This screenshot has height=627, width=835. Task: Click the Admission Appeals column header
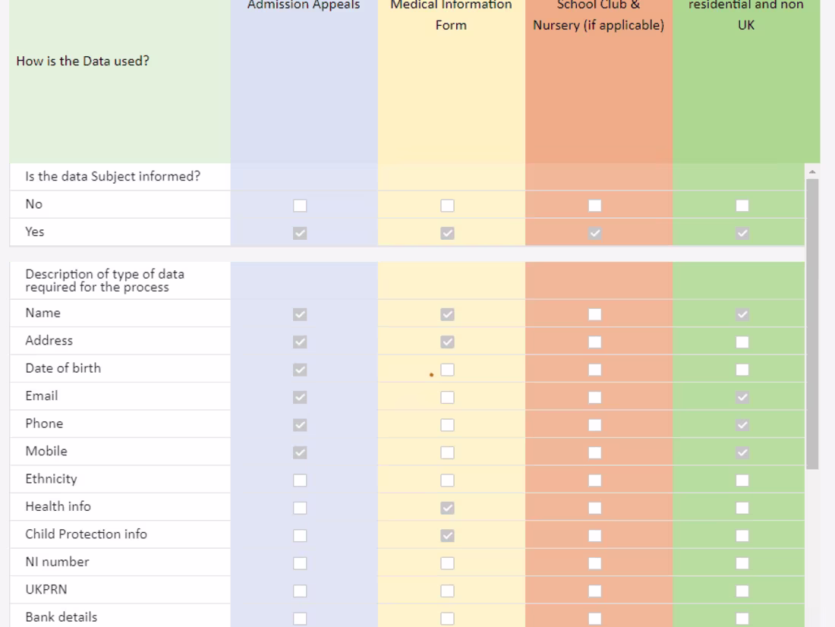[x=304, y=5]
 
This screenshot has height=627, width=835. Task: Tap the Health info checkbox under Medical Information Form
[x=448, y=508]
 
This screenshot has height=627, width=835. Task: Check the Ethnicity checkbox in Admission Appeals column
[x=301, y=480]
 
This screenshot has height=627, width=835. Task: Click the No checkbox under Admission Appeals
[x=301, y=206]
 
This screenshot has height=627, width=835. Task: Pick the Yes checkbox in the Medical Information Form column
[x=448, y=233]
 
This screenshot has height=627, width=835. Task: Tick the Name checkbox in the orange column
[x=594, y=314]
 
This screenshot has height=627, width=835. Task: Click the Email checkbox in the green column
[x=742, y=397]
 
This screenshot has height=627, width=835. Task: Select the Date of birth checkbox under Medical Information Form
[x=448, y=370]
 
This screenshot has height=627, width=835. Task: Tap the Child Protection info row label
[x=87, y=534]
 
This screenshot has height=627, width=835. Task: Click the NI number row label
[x=57, y=562]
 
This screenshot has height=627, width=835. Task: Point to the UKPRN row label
[x=46, y=590]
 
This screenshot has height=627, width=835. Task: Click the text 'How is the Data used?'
[x=83, y=62]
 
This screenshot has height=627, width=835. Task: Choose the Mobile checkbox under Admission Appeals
[x=301, y=453]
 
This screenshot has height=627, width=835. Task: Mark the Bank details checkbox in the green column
[x=742, y=618]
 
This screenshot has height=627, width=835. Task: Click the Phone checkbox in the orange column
[x=594, y=425]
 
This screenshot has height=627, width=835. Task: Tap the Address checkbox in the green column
[x=742, y=342]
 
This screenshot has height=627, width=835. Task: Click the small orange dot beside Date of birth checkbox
[x=431, y=374]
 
